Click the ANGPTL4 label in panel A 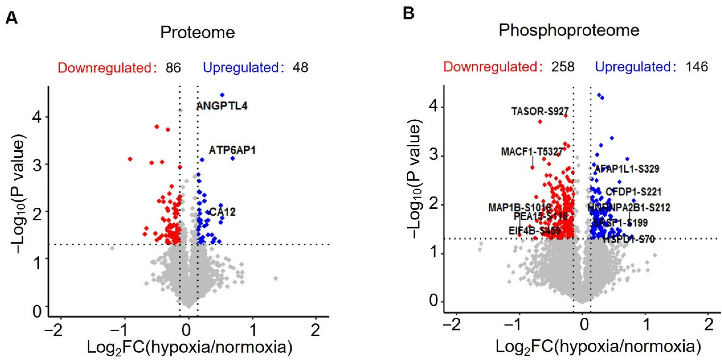pos(222,106)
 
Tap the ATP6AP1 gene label pos(232,151)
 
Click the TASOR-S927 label pos(540,111)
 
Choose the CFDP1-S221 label pos(633,192)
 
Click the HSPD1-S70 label pos(629,240)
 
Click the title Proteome pos(197,33)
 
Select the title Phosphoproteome pos(569,30)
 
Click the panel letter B pos(408,13)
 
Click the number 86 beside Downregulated pos(173,68)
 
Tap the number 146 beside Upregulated pos(697,67)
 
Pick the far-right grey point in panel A pos(276,278)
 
